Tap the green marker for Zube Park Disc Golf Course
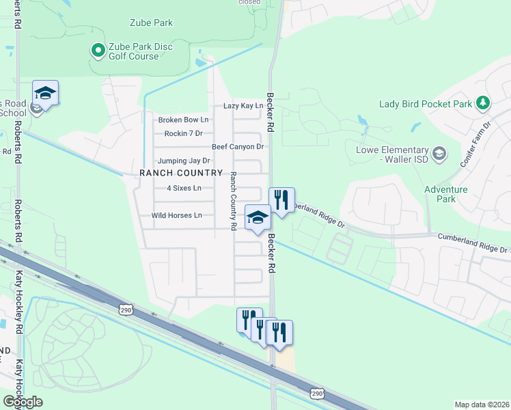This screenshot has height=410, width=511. pos(97,50)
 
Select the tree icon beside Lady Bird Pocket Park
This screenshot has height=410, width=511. pos(484,103)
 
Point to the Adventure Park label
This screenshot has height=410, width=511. pos(445,194)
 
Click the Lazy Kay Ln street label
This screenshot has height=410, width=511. pos(243,106)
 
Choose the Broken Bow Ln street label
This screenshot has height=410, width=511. pos(183,120)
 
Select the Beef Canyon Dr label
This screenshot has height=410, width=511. pos(237,147)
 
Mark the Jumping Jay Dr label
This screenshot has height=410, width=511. pos(183,161)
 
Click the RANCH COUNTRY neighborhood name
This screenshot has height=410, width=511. pos(181,174)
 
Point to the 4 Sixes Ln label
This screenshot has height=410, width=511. pos(184,188)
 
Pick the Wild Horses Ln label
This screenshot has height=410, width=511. pos(176,215)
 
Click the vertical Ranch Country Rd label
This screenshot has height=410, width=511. pos(233,200)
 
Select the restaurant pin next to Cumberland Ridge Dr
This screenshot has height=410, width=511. pos(281,200)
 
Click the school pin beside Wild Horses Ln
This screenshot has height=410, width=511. pos(257,218)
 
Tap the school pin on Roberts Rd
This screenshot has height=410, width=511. pos(45,93)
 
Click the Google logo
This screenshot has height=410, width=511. pos(23,402)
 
